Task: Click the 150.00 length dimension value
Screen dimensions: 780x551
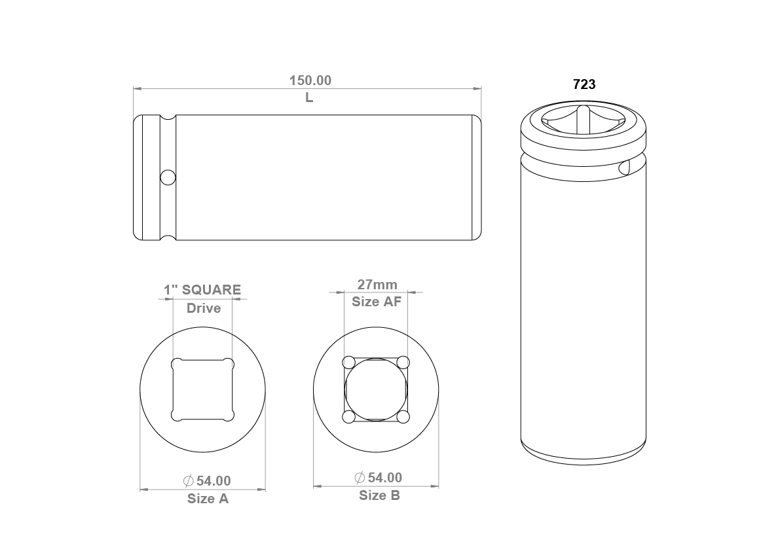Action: click(x=310, y=80)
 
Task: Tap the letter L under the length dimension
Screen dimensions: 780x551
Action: click(x=309, y=98)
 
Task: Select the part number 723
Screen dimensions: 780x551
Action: click(x=584, y=84)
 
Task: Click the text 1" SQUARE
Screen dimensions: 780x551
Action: click(x=202, y=290)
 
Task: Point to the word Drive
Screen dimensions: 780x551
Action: click(x=204, y=308)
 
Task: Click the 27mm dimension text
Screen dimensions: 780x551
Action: click(x=377, y=285)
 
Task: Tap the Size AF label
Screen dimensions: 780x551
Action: click(x=377, y=302)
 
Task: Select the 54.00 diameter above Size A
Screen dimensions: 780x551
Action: click(x=214, y=481)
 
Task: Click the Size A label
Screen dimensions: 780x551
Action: click(x=208, y=499)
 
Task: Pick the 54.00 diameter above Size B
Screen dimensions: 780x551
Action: click(x=384, y=478)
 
